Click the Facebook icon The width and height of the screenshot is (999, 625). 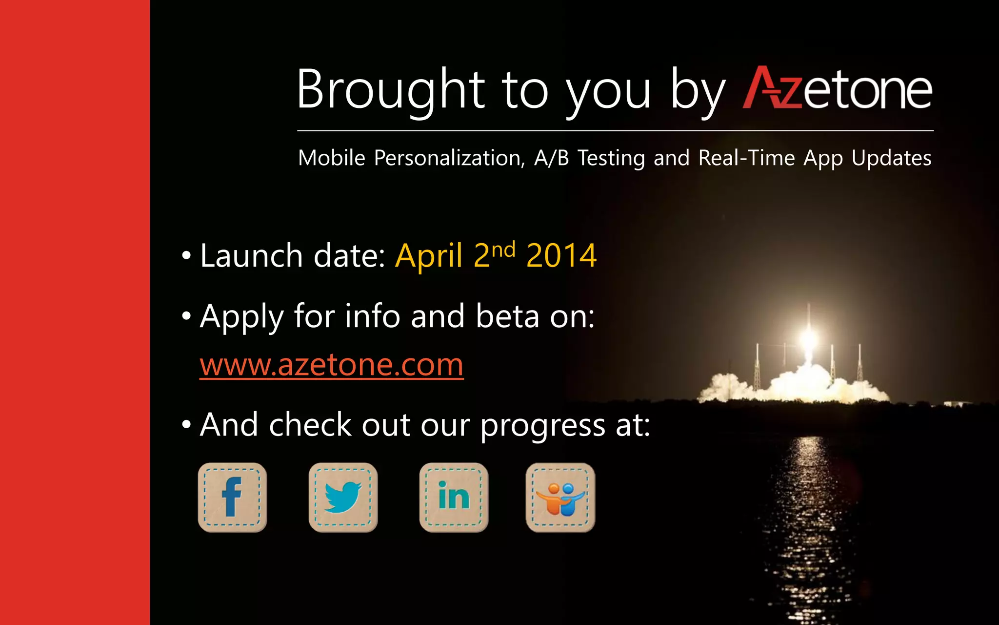pos(232,497)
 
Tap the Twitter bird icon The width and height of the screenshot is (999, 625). pos(343,497)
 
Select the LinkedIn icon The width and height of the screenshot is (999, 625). pos(454,497)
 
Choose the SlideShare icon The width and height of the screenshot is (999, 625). pos(560,497)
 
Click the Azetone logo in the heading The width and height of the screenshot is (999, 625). pos(837,89)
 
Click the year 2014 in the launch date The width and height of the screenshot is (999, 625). pos(561,255)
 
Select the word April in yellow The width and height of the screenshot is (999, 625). pos(429,255)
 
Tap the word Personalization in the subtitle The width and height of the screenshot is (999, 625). pos(449,158)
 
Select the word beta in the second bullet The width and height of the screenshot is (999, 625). pos(507,316)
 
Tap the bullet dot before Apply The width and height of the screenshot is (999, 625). pos(186,316)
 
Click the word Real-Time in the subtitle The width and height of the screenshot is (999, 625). pos(746,158)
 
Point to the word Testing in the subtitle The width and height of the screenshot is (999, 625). pos(611,158)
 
